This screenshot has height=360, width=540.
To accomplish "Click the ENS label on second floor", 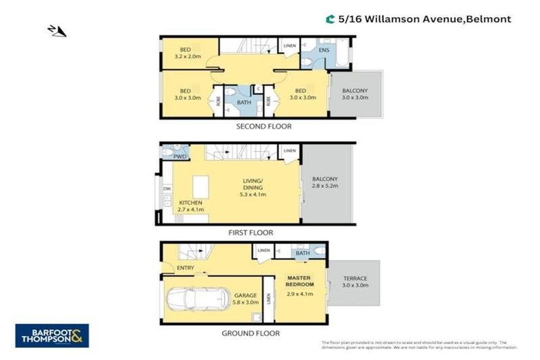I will coord(323,51).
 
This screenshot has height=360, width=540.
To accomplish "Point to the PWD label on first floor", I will coord(180,157).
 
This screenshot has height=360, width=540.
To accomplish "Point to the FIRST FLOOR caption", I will coord(250,232).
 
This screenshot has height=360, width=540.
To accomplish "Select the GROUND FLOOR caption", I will coord(250,333).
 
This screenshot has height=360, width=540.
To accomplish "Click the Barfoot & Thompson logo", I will coord(52,335).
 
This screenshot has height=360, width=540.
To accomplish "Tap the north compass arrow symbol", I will coord(56,30).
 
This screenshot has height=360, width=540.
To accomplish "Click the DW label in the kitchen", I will coord(167,188).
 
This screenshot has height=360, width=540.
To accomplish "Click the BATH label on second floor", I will coord(243,103).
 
